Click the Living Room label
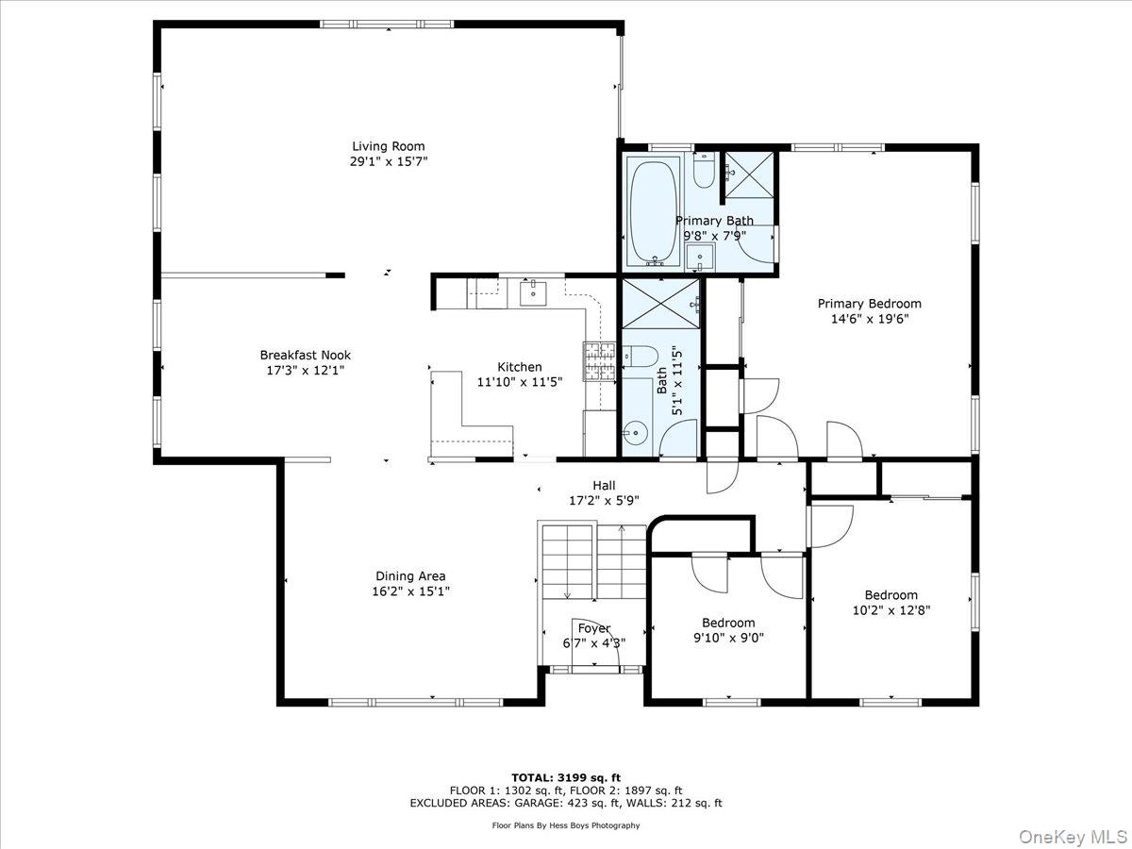pyautogui.click(x=389, y=146)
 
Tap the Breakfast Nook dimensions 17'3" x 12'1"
pyautogui.click(x=306, y=371)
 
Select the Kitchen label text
pyautogui.click(x=520, y=367)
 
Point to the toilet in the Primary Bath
pyautogui.click(x=704, y=170)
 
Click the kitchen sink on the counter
pyautogui.click(x=533, y=292)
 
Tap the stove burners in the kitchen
pyautogui.click(x=599, y=361)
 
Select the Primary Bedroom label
pyautogui.click(x=870, y=304)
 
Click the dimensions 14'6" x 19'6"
pyautogui.click(x=870, y=319)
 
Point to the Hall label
pyautogui.click(x=604, y=486)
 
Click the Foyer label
pyautogui.click(x=594, y=628)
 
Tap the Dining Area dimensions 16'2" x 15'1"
pyautogui.click(x=411, y=591)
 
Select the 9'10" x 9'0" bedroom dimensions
pyautogui.click(x=728, y=639)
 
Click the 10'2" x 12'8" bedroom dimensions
pyautogui.click(x=891, y=610)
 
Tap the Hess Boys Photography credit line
pyautogui.click(x=566, y=825)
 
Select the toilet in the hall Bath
pyautogui.click(x=641, y=357)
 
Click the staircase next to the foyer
pyautogui.click(x=592, y=562)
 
